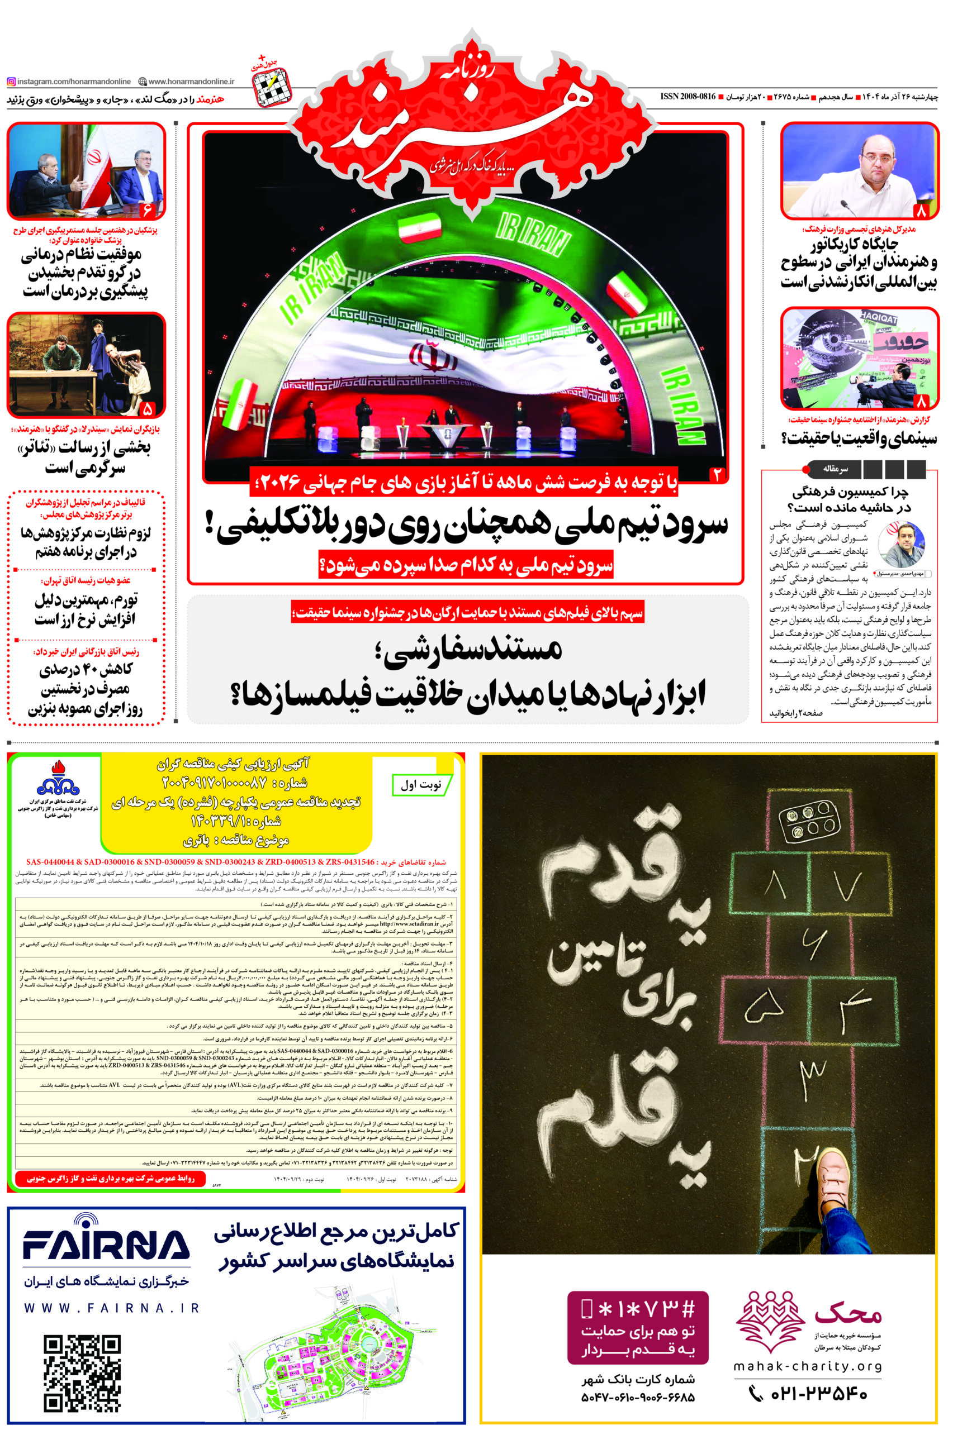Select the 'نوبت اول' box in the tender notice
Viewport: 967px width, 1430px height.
tap(421, 785)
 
